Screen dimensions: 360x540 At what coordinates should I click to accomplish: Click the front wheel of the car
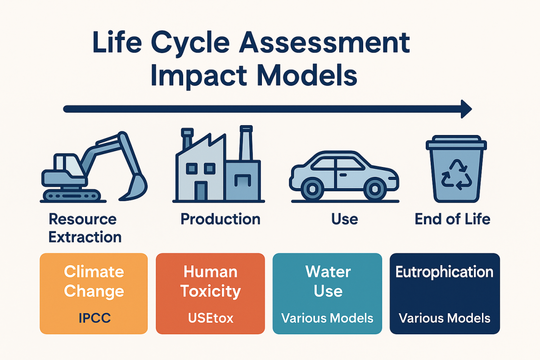coord(373,188)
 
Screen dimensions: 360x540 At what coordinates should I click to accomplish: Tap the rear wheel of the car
coord(312,188)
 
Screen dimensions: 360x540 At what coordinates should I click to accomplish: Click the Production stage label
coord(220,219)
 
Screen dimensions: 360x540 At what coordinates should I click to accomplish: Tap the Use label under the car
coord(344,219)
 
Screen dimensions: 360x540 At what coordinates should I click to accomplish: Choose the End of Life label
coord(452,219)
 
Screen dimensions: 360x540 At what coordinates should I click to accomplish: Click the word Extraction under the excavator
coord(85,237)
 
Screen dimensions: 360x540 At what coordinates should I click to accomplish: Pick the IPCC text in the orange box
coord(94,319)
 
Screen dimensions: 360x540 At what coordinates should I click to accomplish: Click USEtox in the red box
coord(210,319)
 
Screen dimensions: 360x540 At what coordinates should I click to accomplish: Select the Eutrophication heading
coord(445,272)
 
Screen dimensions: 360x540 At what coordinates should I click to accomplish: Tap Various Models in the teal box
coord(328,319)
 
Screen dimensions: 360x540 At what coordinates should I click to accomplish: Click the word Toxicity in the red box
coord(210,291)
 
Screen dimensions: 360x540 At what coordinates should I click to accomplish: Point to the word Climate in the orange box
coord(94,272)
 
